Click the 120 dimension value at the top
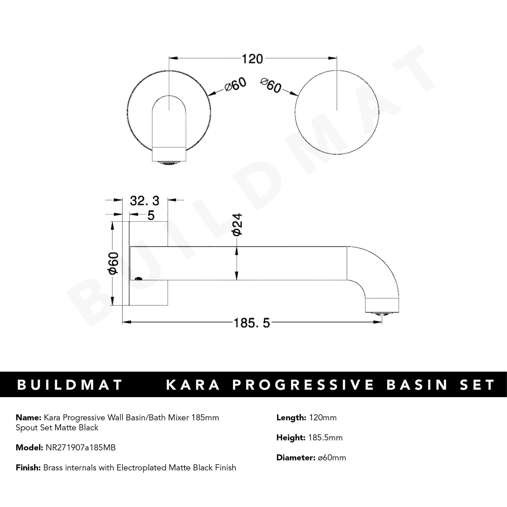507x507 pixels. [252, 59]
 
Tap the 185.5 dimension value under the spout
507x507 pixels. [252, 323]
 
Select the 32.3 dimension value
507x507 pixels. [145, 201]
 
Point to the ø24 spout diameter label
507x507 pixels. [237, 225]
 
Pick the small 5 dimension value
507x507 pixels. [151, 215]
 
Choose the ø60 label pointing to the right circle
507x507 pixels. [271, 85]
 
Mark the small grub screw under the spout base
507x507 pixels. [139, 279]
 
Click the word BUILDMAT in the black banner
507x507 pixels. [70, 385]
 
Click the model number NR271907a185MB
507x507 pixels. [80, 448]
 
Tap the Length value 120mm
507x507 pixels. [322, 418]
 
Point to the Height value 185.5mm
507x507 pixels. [325, 438]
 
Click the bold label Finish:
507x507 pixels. [28, 468]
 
